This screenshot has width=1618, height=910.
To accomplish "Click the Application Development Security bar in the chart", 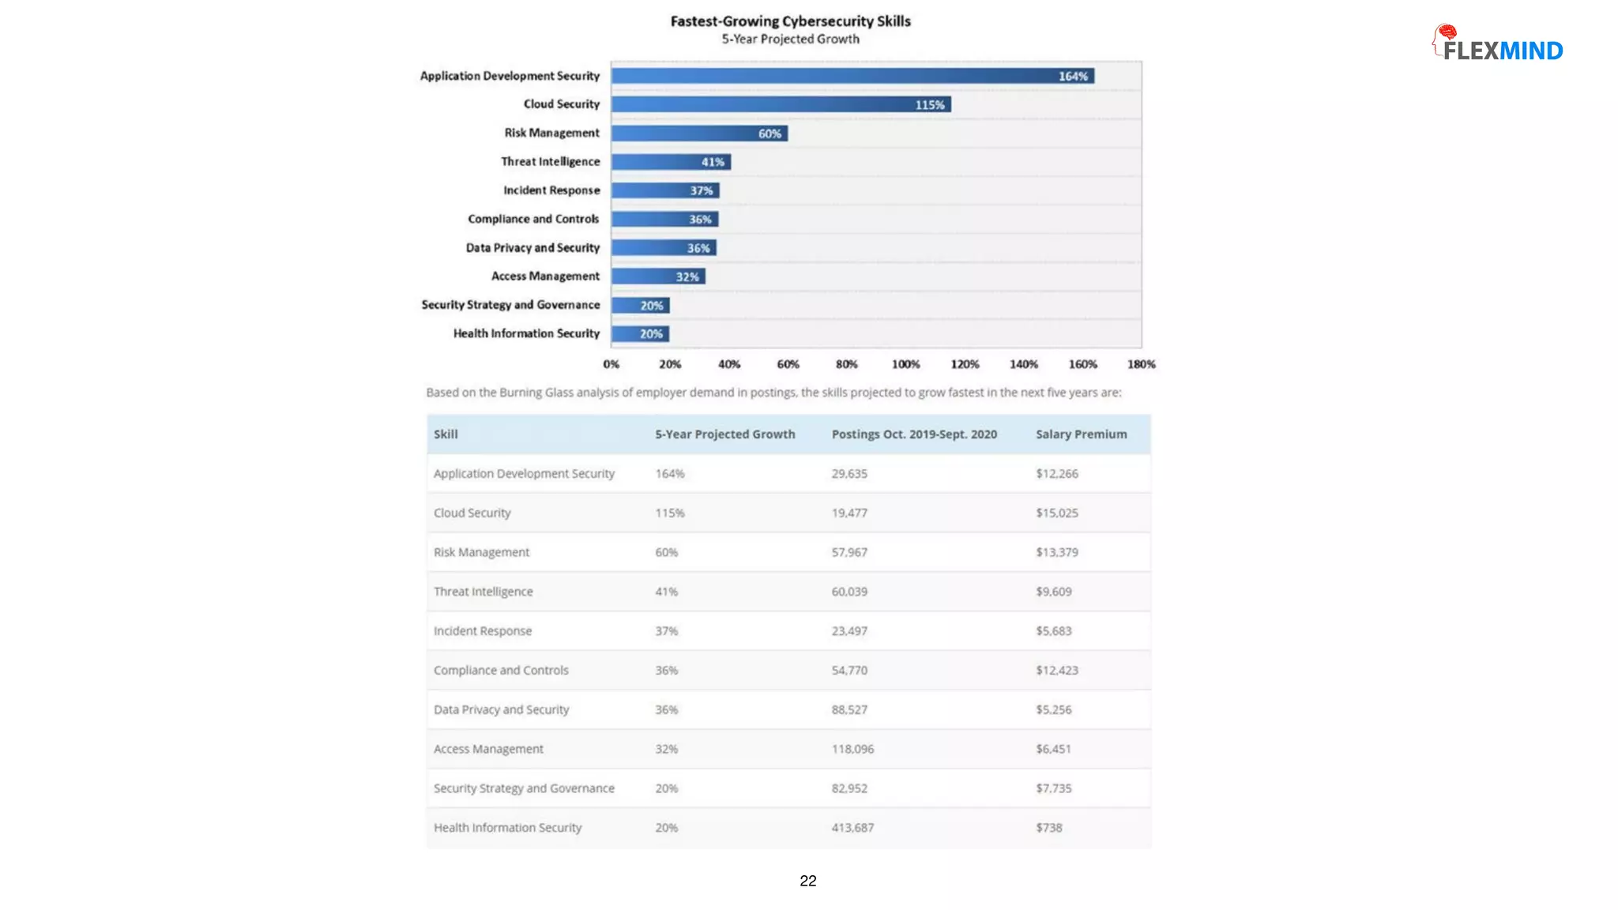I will pos(852,76).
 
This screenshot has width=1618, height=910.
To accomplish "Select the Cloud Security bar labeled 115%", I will pos(781,104).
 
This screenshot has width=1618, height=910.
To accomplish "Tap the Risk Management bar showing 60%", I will pos(699,133).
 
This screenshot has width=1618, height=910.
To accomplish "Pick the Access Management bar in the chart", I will pos(658,276).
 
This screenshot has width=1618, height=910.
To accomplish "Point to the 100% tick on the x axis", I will pos(905,364).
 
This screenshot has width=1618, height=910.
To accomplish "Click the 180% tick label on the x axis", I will pos(1141,364).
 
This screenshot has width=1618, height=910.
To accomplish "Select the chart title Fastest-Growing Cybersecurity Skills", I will pos(790,21).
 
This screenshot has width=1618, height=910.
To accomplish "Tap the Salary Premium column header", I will pos(1081,434).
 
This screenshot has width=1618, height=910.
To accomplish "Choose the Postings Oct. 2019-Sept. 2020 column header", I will pos(914,434).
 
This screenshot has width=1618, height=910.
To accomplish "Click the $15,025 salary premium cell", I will pos(1056,513).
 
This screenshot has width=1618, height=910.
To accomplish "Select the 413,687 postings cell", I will pos(852,828).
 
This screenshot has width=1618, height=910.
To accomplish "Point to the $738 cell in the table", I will pos(1048,828).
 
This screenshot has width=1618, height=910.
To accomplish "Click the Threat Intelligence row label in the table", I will pos(483,592).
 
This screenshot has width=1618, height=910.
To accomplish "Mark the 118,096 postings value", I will pos(852,749).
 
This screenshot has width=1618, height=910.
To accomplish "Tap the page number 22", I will pos(807,881).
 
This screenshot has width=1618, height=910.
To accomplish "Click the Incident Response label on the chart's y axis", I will pos(551,190).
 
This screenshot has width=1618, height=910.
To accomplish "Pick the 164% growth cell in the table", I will pos(669,474).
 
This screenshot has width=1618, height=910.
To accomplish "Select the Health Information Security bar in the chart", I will pos(640,334).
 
